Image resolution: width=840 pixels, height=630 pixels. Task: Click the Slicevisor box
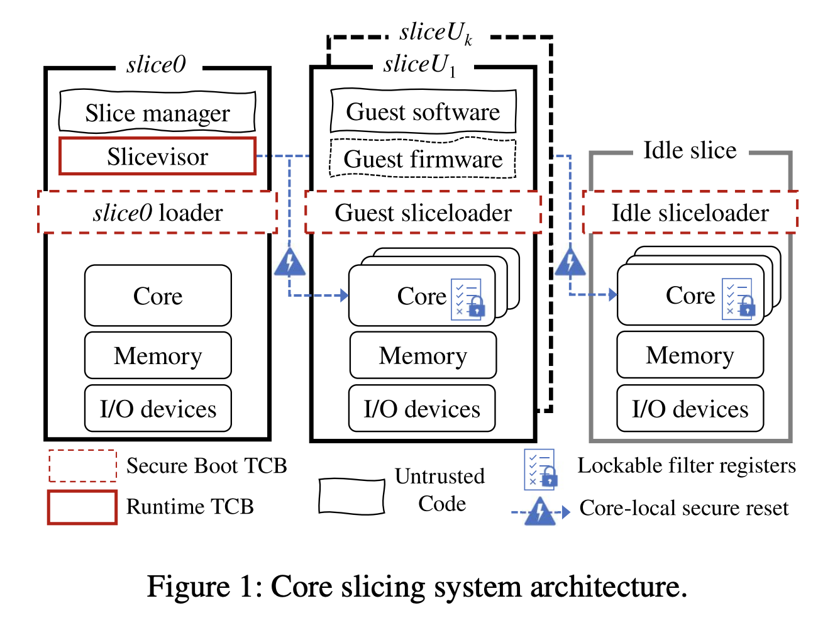(x=157, y=157)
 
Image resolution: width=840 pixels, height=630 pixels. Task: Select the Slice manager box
(x=157, y=113)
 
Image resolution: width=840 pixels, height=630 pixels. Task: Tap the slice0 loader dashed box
(x=157, y=213)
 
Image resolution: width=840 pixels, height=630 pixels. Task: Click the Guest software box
(x=423, y=112)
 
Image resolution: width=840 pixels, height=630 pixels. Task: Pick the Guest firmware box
(x=423, y=159)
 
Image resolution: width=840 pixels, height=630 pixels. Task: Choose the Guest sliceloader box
(x=423, y=213)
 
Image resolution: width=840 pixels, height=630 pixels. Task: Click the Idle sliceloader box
(x=690, y=213)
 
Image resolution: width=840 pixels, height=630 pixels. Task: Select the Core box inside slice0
(x=158, y=296)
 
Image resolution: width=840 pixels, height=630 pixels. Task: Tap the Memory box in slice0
(x=158, y=356)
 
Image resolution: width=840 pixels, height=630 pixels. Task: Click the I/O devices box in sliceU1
(x=422, y=409)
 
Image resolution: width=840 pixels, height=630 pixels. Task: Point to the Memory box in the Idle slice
(x=690, y=355)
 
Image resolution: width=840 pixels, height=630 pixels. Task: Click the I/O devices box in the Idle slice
(x=690, y=409)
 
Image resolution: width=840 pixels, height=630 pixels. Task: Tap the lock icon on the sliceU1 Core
(x=477, y=307)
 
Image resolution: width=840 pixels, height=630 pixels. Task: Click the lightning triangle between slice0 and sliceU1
(x=290, y=263)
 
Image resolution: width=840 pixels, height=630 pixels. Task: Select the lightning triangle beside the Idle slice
(x=570, y=263)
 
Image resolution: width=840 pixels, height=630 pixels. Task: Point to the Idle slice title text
(x=690, y=151)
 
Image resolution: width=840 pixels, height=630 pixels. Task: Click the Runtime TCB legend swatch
(x=82, y=507)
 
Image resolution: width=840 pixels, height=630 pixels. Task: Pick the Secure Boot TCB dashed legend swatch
(x=82, y=466)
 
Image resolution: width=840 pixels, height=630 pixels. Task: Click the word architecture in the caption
(x=607, y=587)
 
